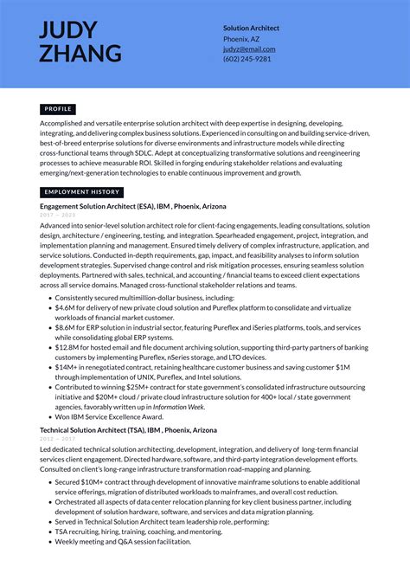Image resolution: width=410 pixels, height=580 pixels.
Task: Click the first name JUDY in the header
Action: tap(68, 30)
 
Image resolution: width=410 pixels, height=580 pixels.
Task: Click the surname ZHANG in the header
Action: tap(80, 54)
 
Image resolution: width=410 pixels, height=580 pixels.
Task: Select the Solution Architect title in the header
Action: tap(251, 28)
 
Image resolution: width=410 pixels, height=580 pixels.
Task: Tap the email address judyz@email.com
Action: tap(248, 49)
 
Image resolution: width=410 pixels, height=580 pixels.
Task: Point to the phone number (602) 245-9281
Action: tap(247, 59)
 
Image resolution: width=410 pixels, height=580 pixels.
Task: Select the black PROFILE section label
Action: tap(58, 109)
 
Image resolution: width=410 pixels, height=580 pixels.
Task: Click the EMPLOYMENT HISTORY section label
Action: tap(81, 192)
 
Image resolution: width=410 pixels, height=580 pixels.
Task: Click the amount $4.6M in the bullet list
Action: tap(66, 307)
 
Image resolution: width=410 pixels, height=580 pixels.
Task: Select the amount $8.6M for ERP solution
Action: tap(66, 328)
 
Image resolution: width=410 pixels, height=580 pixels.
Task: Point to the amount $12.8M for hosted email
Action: tap(67, 348)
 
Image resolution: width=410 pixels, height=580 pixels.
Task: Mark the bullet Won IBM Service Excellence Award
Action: tap(110, 416)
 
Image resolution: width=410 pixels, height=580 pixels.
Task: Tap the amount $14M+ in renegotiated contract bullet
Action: tap(67, 368)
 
